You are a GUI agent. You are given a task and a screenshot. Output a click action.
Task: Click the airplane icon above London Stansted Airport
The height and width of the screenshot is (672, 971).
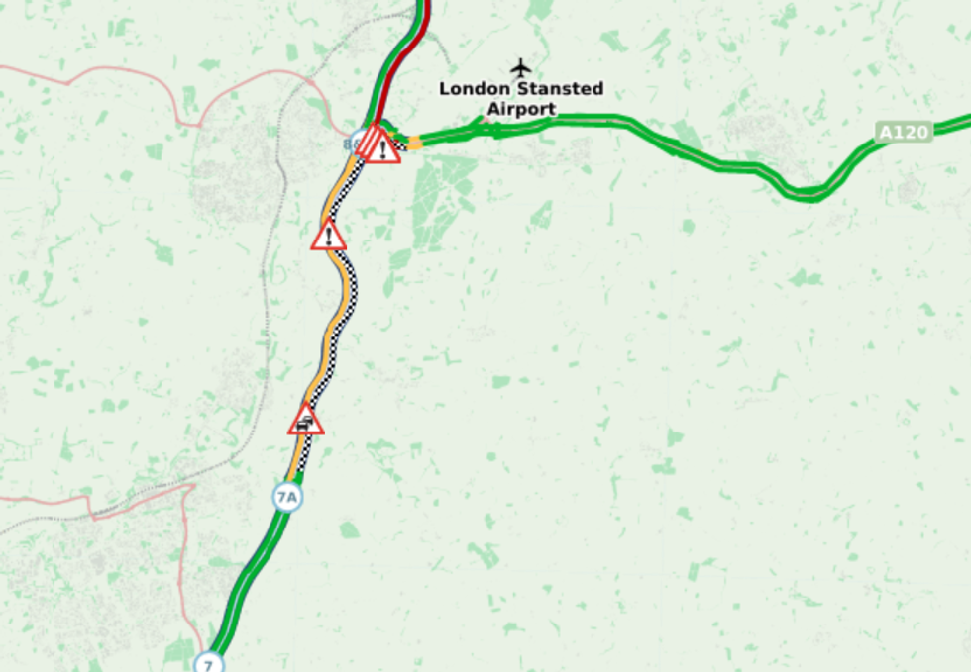(x=521, y=68)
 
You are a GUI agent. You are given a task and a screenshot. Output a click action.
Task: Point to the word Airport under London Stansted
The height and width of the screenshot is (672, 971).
(x=521, y=109)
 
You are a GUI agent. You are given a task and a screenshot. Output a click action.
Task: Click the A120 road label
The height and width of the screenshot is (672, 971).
(x=904, y=132)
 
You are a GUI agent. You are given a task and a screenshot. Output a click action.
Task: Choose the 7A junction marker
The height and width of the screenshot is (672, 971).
(x=286, y=496)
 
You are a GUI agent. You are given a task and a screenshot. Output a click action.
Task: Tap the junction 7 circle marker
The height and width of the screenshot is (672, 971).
(x=209, y=663)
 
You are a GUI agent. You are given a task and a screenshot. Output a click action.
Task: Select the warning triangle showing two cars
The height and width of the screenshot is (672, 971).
(x=306, y=421)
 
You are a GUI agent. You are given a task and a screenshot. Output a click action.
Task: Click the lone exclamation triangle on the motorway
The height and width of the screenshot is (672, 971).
(x=328, y=237)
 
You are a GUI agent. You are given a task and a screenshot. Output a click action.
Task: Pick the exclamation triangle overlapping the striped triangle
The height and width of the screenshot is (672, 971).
(x=383, y=148)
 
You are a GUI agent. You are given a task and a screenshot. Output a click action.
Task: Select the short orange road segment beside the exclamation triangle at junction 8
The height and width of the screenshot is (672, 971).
(x=414, y=144)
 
